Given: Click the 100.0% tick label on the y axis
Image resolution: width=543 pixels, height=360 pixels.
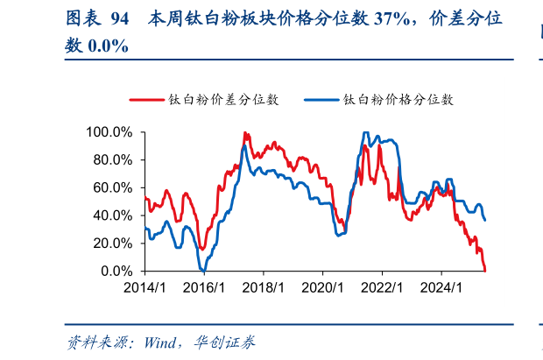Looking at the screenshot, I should tap(109, 132).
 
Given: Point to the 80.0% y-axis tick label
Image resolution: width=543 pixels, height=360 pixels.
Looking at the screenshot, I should tap(112, 160).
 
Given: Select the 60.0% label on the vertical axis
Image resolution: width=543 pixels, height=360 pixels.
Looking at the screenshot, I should tap(112, 187).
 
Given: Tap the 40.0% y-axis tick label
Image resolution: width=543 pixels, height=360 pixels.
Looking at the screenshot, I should tap(112, 215).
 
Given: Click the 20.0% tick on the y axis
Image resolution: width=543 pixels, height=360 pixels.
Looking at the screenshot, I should tap(112, 244).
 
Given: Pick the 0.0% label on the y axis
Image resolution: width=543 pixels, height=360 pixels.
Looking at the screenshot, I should tap(116, 271).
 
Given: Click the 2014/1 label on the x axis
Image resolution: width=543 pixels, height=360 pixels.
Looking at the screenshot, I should tap(144, 287).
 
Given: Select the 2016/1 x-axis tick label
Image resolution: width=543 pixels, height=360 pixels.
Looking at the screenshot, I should tap(203, 287).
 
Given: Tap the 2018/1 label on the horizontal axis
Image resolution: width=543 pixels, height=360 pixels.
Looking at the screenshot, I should tap(263, 287).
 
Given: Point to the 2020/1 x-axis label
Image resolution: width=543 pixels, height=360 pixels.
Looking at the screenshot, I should tap(322, 287).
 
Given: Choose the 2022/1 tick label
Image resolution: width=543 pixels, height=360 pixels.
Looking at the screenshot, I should tap(382, 287).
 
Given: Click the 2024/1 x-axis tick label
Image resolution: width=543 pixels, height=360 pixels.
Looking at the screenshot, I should tap(441, 287).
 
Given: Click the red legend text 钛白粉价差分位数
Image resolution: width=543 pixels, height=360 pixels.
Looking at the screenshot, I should tap(223, 100).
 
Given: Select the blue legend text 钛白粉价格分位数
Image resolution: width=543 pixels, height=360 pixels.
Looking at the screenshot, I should tap(398, 100).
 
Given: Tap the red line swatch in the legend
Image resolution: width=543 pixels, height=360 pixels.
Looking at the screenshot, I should tap(147, 100).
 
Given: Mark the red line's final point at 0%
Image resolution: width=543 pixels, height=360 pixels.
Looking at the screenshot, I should tap(485, 270).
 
